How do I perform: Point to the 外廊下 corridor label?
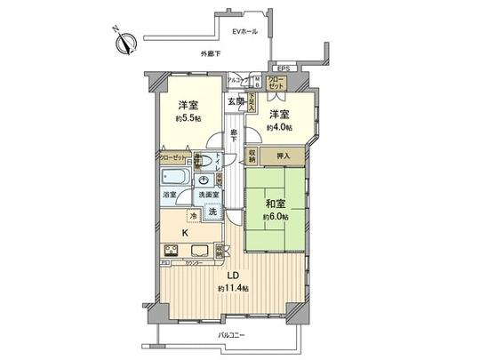[x=211, y=55]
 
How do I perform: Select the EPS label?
[x=283, y=68]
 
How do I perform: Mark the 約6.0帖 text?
[x=275, y=214]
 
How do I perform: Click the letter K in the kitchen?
[x=185, y=233]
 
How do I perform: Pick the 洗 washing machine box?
[x=213, y=212]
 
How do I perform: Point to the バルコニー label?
[x=235, y=334]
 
